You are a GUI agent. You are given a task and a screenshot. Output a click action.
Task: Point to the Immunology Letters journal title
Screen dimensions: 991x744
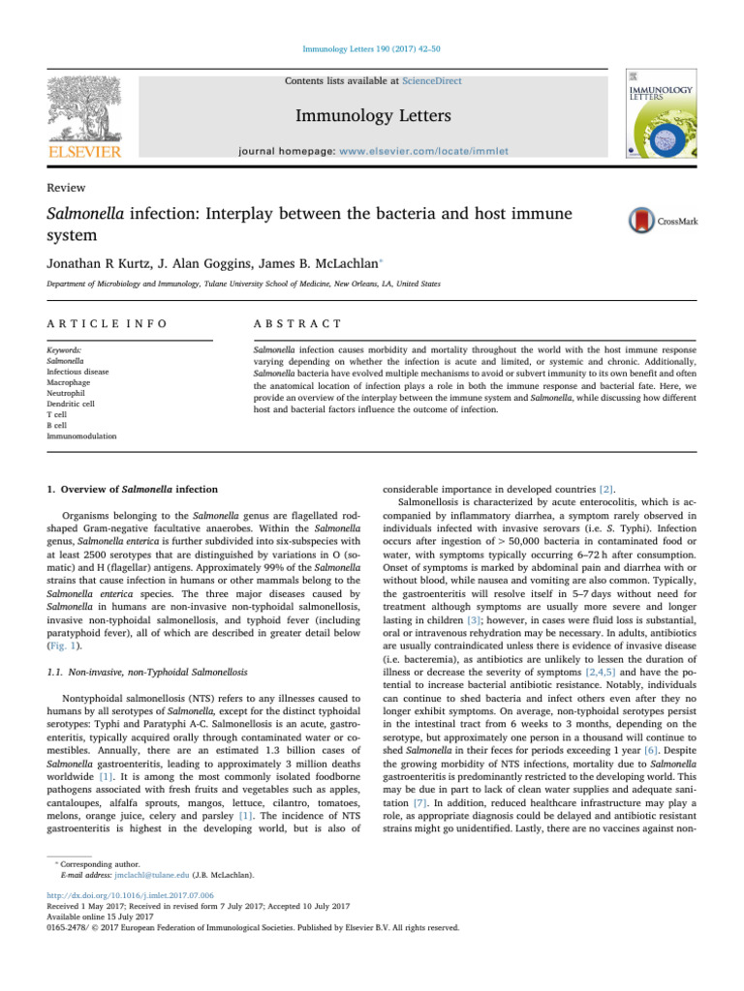coord(372,117)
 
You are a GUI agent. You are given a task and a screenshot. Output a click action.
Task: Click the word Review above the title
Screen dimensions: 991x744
coord(64,188)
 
